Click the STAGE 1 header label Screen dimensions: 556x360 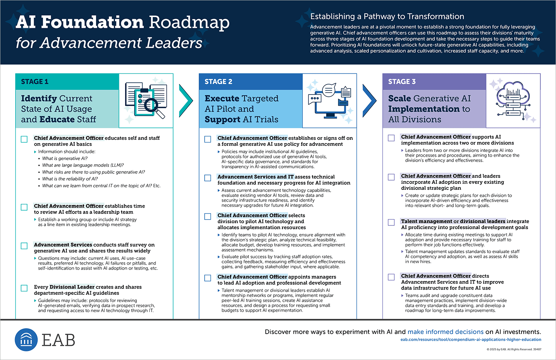(34, 82)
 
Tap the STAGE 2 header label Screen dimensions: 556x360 (218, 82)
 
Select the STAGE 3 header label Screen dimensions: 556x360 (402, 82)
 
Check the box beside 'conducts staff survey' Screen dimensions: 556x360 (24, 246)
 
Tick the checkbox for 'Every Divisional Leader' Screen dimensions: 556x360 (24, 288)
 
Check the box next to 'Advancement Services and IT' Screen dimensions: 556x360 (208, 178)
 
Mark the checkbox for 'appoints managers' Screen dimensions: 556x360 (208, 278)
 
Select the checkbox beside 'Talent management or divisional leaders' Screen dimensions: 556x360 (391, 222)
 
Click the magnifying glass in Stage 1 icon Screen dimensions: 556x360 (154, 108)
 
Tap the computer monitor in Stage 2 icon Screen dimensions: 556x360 (330, 104)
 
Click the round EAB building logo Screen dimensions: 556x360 (26, 340)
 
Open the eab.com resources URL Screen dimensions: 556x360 (471, 339)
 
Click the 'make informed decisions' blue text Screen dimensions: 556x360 (446, 332)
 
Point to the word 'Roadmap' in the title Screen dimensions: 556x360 (189, 23)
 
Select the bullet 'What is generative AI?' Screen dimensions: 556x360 (65, 158)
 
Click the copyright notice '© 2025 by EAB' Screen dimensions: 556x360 (514, 349)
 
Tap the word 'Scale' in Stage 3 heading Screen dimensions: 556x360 (400, 98)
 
